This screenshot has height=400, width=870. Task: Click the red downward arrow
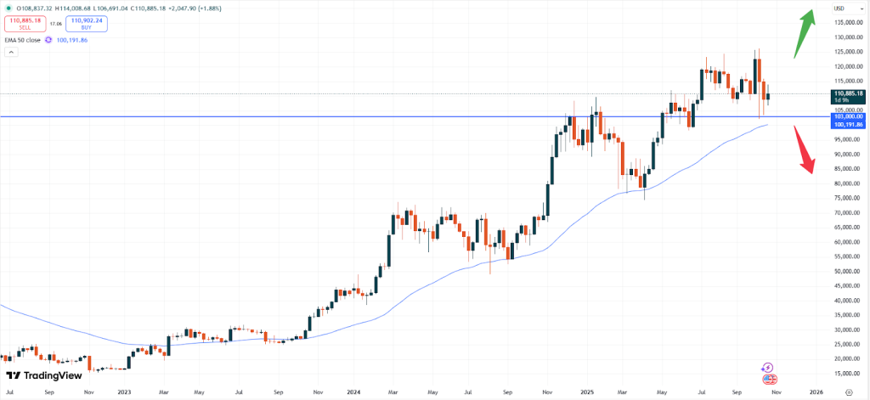[x=803, y=150]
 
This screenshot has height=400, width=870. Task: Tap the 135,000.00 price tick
[x=843, y=23]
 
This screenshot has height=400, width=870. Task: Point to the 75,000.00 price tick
[x=843, y=198]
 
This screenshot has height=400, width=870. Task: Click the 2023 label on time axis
[x=124, y=393]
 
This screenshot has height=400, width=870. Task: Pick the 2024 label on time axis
[x=355, y=393]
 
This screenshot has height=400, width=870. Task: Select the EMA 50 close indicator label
[x=24, y=40]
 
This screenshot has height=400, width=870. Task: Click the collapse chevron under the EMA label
[x=11, y=52]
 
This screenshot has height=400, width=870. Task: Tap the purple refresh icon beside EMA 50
[x=48, y=40]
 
